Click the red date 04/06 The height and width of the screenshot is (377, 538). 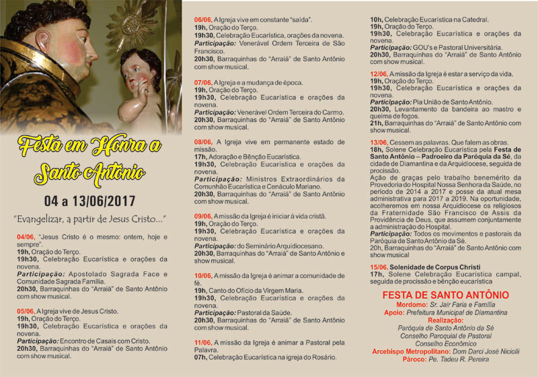pyautogui.click(x=26, y=237)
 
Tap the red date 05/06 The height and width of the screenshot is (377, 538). pyautogui.click(x=26, y=311)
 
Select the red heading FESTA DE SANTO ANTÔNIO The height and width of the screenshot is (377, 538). pyautogui.click(x=445, y=295)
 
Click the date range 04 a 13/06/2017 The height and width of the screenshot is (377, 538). pyautogui.click(x=89, y=201)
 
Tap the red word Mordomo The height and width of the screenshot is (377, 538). pyautogui.click(x=402, y=305)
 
